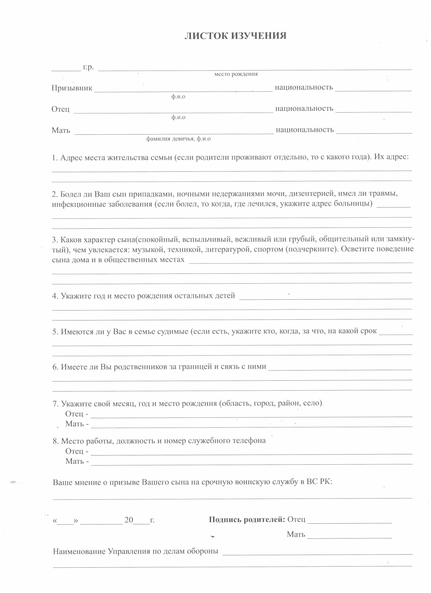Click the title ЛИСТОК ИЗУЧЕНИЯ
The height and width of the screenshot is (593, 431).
pyautogui.click(x=235, y=36)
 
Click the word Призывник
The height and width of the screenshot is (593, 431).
pyautogui.click(x=72, y=88)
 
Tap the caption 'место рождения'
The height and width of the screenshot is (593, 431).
pyautogui.click(x=236, y=74)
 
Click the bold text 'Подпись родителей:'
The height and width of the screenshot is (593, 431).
pyautogui.click(x=247, y=519)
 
